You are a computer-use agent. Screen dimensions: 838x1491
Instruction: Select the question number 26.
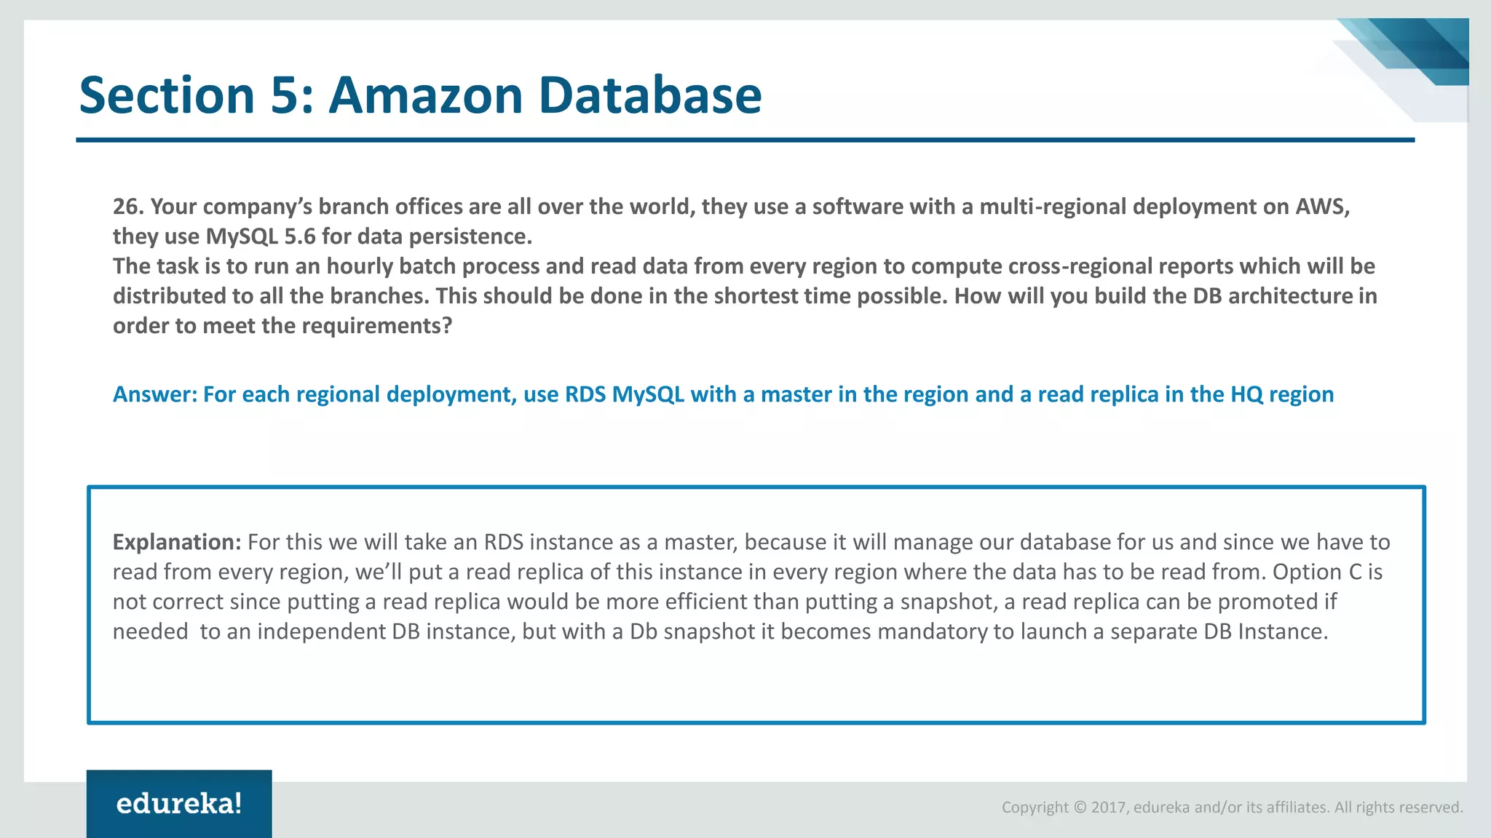(127, 207)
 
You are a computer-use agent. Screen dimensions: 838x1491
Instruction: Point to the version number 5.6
(300, 236)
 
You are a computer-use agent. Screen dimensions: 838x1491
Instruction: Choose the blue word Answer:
(155, 394)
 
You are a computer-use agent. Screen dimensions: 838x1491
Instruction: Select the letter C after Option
(1355, 572)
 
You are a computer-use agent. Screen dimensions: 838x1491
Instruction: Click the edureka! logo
(179, 804)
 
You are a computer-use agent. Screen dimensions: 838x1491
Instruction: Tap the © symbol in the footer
(1080, 807)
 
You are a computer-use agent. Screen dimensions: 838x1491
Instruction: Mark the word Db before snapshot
(644, 631)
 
